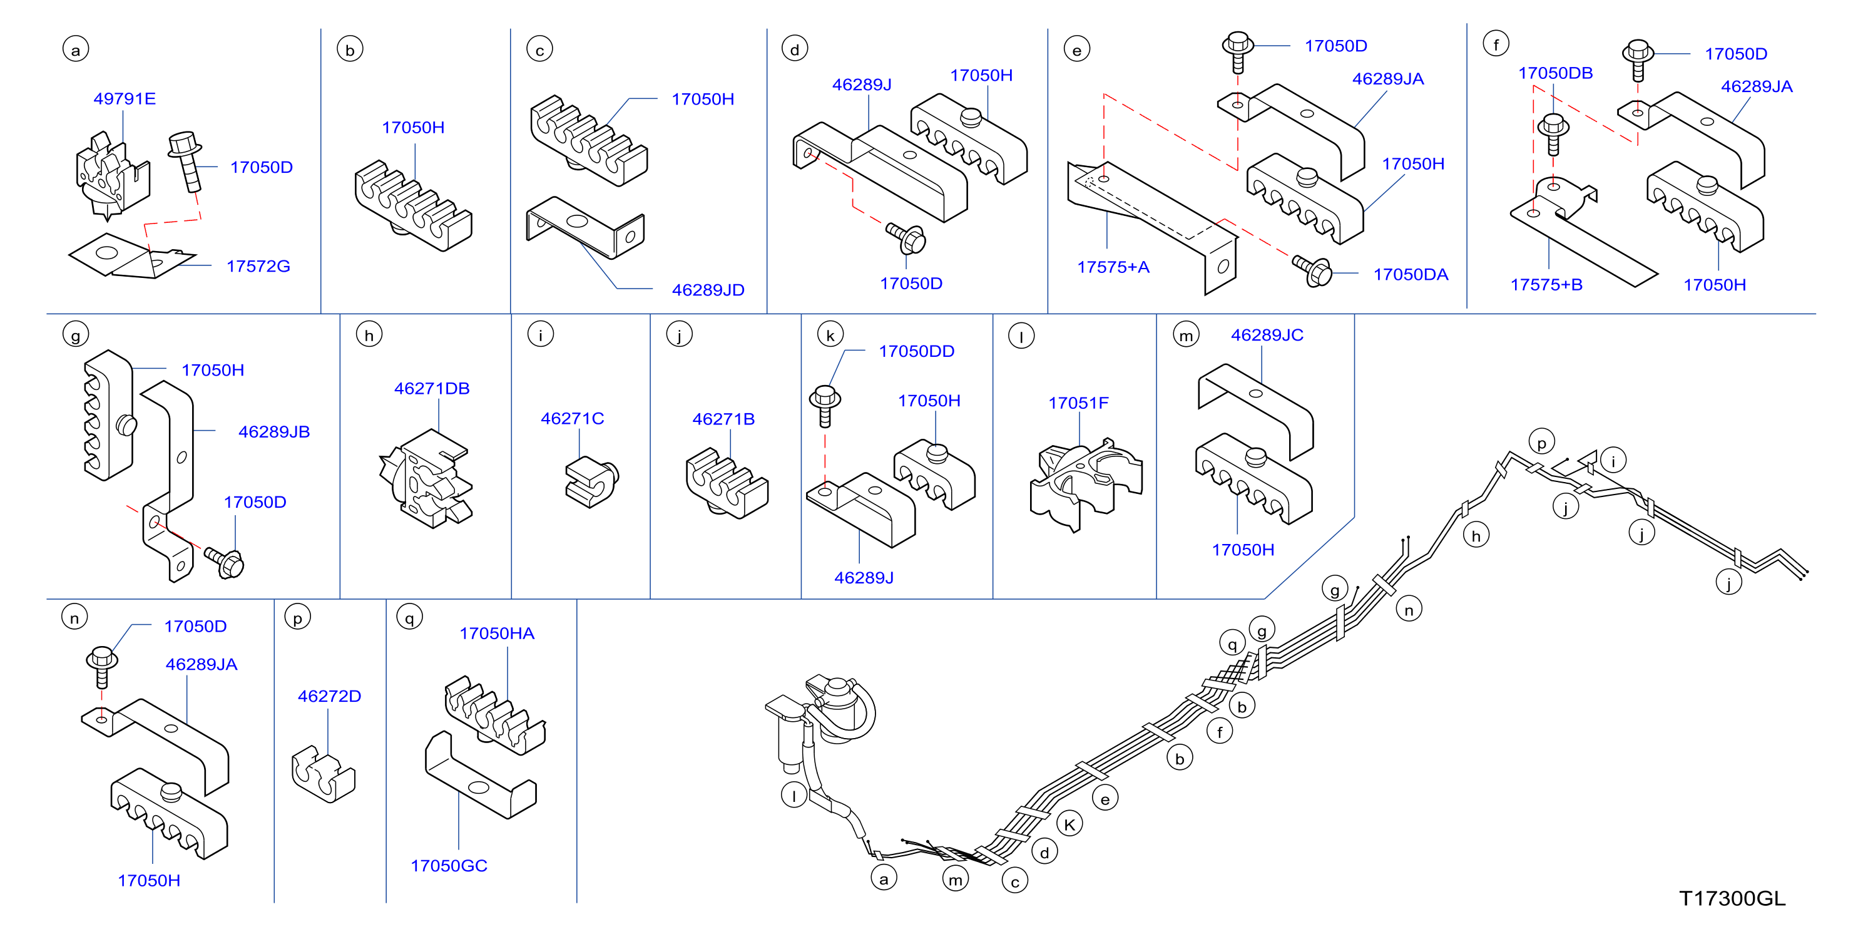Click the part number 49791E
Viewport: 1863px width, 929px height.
(x=125, y=98)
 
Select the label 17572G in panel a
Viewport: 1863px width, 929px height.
(x=258, y=266)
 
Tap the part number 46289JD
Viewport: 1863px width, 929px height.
(x=708, y=290)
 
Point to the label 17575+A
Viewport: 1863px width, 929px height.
(x=1113, y=267)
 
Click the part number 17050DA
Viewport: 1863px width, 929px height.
(x=1411, y=275)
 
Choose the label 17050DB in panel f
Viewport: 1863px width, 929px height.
(x=1555, y=73)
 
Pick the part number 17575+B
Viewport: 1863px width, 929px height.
(x=1546, y=285)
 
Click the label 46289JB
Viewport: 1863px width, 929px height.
(x=274, y=432)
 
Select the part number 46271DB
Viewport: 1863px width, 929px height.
(x=432, y=389)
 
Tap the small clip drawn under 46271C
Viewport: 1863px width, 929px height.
(x=591, y=481)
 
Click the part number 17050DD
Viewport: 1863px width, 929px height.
(x=916, y=351)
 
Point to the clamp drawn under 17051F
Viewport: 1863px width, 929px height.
(x=1086, y=484)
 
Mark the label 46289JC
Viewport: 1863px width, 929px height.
(x=1267, y=335)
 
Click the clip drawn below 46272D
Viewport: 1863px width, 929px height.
(x=324, y=774)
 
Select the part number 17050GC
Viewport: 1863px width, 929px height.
(x=449, y=866)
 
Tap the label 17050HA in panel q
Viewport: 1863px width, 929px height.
(x=497, y=634)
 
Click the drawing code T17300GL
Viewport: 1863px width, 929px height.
(x=1732, y=898)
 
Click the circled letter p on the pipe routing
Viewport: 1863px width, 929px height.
(x=1542, y=442)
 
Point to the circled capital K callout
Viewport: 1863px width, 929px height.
(x=1069, y=823)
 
